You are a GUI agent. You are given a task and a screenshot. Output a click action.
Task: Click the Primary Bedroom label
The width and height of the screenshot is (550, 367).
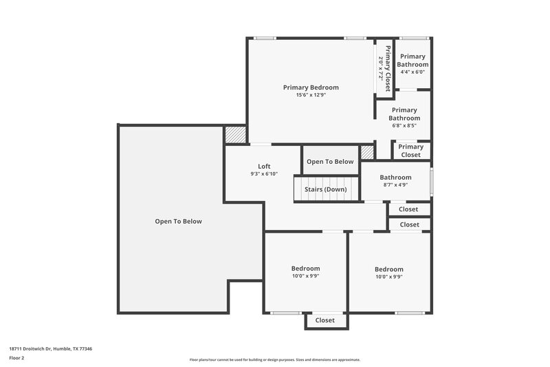pyautogui.click(x=311, y=87)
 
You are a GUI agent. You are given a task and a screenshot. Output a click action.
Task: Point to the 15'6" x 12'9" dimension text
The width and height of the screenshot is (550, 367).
pyautogui.click(x=311, y=95)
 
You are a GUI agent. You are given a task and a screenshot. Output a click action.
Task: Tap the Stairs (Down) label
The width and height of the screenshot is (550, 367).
pyautogui.click(x=325, y=189)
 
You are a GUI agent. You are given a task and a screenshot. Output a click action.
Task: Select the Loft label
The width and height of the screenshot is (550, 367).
pyautogui.click(x=264, y=166)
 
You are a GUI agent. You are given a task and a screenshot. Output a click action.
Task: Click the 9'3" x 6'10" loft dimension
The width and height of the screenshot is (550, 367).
pyautogui.click(x=264, y=174)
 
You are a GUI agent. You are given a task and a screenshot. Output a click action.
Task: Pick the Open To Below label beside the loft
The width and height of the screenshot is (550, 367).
pyautogui.click(x=330, y=162)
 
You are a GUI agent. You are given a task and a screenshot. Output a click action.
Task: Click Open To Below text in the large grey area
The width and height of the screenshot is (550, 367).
pyautogui.click(x=178, y=221)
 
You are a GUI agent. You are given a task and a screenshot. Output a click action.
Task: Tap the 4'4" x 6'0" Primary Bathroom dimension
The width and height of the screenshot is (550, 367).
pyautogui.click(x=412, y=72)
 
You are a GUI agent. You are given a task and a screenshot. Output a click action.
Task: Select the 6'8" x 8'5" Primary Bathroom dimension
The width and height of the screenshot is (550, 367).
pyautogui.click(x=404, y=125)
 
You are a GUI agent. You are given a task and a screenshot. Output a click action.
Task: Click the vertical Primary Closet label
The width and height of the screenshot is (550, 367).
pyautogui.click(x=388, y=68)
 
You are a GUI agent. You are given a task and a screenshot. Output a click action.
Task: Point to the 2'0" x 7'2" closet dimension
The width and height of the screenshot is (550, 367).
pyautogui.click(x=380, y=68)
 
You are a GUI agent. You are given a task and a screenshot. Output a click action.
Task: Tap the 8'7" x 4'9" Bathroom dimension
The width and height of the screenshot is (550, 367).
pyautogui.click(x=395, y=185)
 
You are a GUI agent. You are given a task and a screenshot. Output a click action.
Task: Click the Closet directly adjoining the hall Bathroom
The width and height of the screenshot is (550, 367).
pyautogui.click(x=408, y=209)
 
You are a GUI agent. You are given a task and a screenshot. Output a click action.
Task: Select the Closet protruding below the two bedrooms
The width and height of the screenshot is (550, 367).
pyautogui.click(x=325, y=320)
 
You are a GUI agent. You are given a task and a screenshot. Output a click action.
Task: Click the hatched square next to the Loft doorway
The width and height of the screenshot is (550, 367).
pyautogui.click(x=235, y=134)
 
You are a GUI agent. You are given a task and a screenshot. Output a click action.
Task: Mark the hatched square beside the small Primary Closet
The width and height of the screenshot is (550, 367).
pyautogui.click(x=368, y=152)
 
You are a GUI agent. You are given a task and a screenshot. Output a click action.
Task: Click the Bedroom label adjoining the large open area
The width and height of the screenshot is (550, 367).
pyautogui.click(x=305, y=269)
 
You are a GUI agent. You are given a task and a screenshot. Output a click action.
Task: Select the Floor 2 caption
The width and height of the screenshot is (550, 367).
pyautogui.click(x=17, y=358)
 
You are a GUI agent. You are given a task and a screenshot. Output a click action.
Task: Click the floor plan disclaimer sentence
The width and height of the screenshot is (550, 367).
pyautogui.click(x=274, y=359)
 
